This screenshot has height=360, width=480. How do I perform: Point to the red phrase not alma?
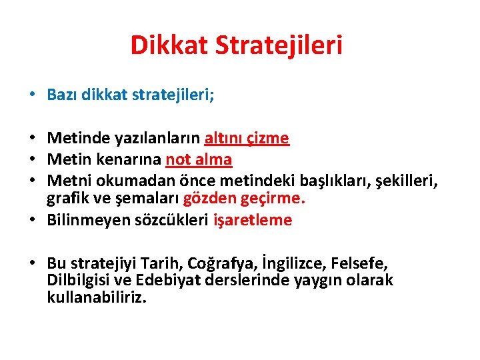(x=199, y=159)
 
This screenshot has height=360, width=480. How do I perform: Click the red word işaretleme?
(x=253, y=220)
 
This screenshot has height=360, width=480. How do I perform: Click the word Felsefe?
(x=361, y=263)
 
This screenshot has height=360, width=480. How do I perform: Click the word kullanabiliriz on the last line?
(x=95, y=296)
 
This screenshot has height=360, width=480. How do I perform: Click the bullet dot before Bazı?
(x=33, y=95)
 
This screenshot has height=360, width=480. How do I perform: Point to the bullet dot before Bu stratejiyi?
(x=33, y=263)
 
